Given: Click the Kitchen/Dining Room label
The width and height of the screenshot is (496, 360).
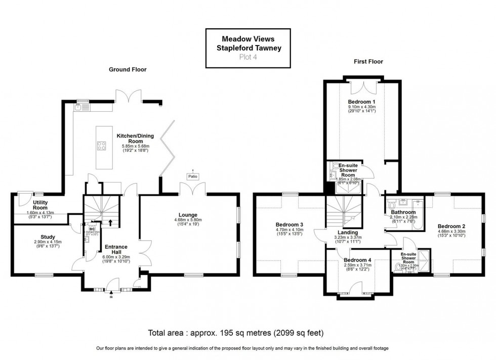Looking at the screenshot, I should pyautogui.click(x=135, y=136).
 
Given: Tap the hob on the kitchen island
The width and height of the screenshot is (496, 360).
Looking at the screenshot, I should pyautogui.click(x=101, y=147).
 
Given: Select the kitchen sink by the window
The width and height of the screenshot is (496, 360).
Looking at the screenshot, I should pyautogui.click(x=82, y=107).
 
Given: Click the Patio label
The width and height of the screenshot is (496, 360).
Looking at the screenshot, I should pyautogui.click(x=192, y=176).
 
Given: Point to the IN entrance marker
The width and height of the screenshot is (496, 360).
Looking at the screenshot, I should pyautogui.click(x=111, y=298).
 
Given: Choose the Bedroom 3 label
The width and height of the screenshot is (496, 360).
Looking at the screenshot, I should pyautogui.click(x=290, y=224).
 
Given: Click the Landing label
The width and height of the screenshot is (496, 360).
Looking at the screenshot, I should pyautogui.click(x=346, y=232).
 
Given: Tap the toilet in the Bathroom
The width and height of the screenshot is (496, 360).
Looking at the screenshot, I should pyautogui.click(x=393, y=204).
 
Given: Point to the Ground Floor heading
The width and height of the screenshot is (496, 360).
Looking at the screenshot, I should pyautogui.click(x=128, y=69).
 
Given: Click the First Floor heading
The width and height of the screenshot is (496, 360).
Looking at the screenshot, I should pyautogui.click(x=367, y=62).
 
